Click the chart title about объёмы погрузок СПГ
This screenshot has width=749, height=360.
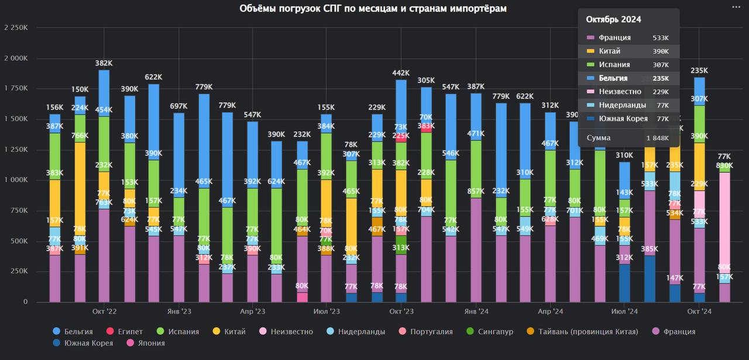(x=373, y=8)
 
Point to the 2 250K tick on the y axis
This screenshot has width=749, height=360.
(x=16, y=28)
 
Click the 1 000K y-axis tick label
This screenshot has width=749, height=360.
(x=16, y=180)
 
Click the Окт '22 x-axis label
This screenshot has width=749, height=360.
(x=104, y=311)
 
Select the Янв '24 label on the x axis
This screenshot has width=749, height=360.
(x=476, y=311)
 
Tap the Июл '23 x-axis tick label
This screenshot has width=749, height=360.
(x=327, y=311)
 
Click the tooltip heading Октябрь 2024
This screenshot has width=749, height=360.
(x=613, y=19)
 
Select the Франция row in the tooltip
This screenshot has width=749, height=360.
(x=628, y=37)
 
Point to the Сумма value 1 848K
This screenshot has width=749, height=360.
(x=657, y=138)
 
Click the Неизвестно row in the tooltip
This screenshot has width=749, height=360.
(x=628, y=91)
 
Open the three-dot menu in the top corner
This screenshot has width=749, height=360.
(x=736, y=7)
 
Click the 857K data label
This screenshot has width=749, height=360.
(x=476, y=191)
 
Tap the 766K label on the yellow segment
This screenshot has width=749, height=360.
(x=80, y=136)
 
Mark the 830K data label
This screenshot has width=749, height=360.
(x=724, y=166)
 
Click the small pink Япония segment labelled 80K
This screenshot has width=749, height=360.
(x=302, y=297)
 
